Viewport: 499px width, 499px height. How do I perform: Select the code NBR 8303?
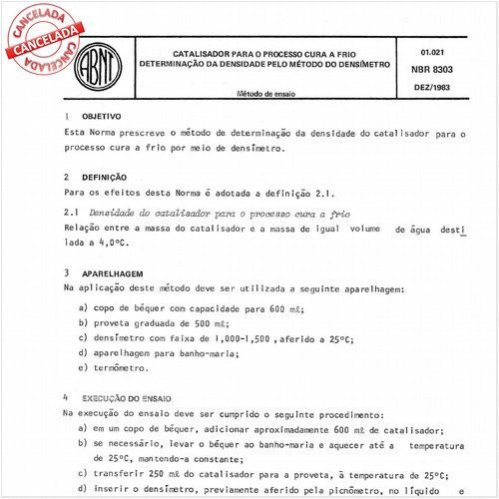pos(431,70)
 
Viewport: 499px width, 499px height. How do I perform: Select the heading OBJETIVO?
pos(103,117)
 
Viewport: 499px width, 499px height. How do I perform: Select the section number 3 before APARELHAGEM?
pos(65,271)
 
